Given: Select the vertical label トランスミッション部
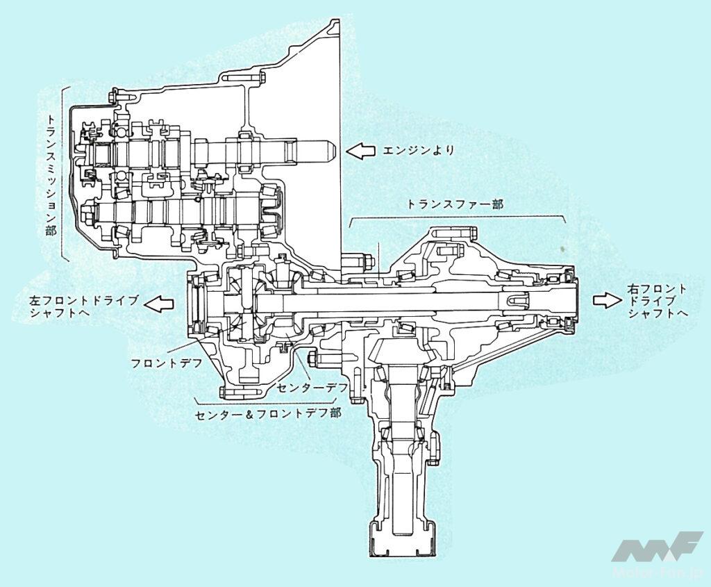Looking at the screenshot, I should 51,174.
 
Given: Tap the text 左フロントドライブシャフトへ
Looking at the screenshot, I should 83,306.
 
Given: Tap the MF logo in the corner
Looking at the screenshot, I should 655,548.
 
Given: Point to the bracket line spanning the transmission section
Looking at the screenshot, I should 63,174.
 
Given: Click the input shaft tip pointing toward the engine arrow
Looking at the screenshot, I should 329,149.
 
